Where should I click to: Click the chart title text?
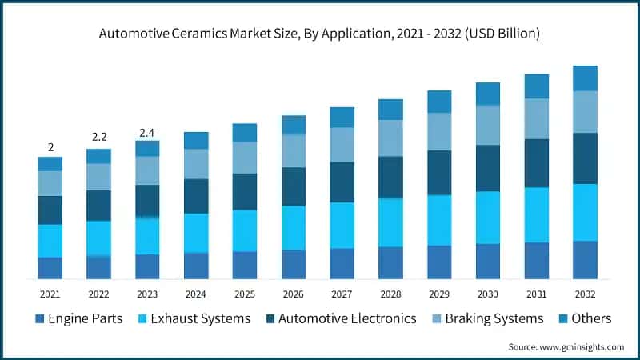tap(319, 34)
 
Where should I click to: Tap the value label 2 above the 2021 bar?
tap(50, 147)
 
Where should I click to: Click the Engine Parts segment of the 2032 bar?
tap(585, 260)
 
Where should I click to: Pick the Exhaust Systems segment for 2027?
tap(342, 225)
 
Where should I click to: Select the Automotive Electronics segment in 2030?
tap(488, 168)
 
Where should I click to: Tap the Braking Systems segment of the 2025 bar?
tap(245, 158)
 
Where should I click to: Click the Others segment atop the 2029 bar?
tap(439, 102)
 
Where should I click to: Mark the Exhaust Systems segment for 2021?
tap(50, 241)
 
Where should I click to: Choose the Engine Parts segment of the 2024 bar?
tap(196, 266)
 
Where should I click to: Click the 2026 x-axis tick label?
tap(294, 294)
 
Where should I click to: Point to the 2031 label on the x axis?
tap(536, 294)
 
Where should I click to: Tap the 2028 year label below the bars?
tap(390, 294)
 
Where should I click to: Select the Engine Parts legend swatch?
tap(39, 319)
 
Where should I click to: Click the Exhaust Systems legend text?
tap(200, 318)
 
